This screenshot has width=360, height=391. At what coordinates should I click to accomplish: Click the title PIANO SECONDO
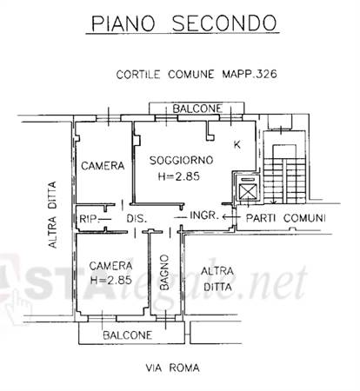(x=183, y=23)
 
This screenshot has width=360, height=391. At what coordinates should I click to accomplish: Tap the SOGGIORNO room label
(x=181, y=160)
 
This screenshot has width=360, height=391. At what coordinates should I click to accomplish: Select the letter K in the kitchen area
(x=237, y=144)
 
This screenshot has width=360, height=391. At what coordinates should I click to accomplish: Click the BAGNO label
(x=164, y=272)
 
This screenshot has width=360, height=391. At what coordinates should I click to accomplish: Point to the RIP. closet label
(x=89, y=219)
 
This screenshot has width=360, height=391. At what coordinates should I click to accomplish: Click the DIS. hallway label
(x=137, y=218)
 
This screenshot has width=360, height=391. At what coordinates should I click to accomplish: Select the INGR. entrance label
(x=203, y=215)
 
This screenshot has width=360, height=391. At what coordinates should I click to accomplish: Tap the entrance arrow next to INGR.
(x=231, y=216)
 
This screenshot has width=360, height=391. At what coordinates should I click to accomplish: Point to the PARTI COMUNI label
(x=285, y=218)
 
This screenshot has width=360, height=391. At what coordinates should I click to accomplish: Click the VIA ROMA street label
(x=172, y=368)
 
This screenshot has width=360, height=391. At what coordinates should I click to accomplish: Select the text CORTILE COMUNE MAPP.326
(x=197, y=74)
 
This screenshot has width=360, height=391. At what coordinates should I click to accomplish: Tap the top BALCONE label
(x=197, y=109)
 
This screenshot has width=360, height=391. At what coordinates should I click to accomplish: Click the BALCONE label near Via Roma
(x=128, y=335)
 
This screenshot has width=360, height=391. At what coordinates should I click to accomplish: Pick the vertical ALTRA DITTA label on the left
(x=52, y=215)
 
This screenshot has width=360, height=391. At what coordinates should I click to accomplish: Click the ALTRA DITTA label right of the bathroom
(x=217, y=279)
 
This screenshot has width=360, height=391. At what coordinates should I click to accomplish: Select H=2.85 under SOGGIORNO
(x=179, y=176)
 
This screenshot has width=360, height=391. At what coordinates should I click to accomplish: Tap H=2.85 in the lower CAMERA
(x=111, y=280)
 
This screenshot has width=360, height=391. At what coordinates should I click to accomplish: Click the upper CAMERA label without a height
(x=103, y=166)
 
